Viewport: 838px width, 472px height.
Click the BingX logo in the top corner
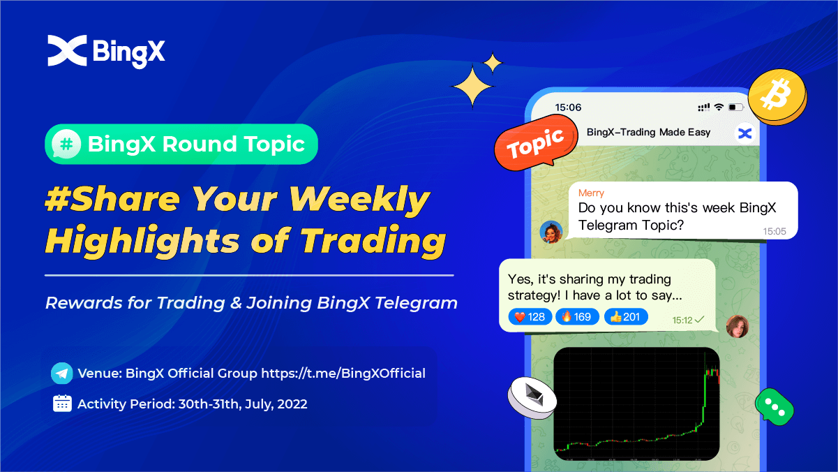[x=106, y=51]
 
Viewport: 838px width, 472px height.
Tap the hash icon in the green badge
[x=67, y=145]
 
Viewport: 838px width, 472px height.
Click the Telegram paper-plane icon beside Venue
[x=62, y=374]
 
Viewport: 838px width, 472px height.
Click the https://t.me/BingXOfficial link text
[x=343, y=374]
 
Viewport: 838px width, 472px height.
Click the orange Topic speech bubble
[x=534, y=145]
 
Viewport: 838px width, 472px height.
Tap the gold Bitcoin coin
[x=777, y=96]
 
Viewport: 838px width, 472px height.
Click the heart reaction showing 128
[x=530, y=317]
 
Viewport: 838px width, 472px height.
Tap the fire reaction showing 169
[x=577, y=317]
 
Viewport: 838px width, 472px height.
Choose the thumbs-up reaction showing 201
[x=625, y=317]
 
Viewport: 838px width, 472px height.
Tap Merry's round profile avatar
[x=551, y=232]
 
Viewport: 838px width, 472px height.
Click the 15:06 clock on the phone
[x=568, y=108]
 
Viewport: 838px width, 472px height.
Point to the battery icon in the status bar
[x=735, y=108]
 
